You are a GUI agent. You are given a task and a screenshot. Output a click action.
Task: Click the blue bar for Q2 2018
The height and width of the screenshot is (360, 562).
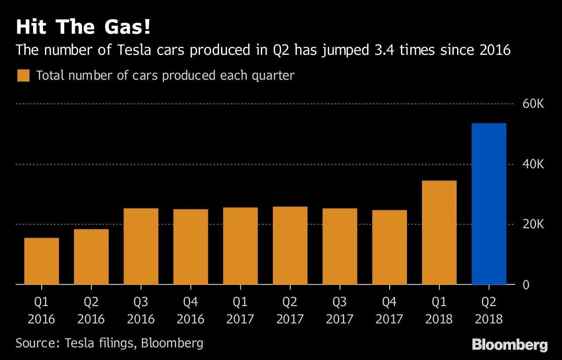click(489, 204)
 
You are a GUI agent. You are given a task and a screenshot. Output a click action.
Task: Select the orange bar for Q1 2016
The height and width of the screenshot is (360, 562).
click(42, 261)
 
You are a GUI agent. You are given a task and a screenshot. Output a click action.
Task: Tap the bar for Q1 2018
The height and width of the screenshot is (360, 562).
click(439, 232)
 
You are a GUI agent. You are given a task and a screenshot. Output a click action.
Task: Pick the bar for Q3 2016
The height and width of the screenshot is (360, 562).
click(141, 246)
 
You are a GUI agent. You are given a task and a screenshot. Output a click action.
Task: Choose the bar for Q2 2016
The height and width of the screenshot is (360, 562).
click(91, 256)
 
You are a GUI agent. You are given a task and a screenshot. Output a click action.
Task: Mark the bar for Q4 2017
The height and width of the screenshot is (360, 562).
click(390, 247)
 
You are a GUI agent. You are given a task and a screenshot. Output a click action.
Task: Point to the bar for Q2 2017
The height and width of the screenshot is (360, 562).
click(290, 245)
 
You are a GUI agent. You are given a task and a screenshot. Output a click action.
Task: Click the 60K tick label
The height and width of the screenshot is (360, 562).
click(533, 104)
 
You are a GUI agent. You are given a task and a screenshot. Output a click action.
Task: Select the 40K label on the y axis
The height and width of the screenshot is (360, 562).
click(533, 165)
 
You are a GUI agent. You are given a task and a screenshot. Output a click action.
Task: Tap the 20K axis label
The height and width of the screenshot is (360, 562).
click(533, 225)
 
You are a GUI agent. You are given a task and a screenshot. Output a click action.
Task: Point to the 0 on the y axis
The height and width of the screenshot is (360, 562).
click(526, 285)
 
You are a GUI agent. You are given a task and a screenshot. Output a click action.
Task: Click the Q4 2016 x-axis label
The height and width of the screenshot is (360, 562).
click(191, 310)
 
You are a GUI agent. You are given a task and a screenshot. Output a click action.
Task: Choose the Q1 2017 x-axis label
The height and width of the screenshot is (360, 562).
click(240, 310)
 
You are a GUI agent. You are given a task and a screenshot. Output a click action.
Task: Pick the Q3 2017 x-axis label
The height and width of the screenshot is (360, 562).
click(340, 310)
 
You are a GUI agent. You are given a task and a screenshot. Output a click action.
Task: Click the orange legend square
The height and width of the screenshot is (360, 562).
click(23, 75)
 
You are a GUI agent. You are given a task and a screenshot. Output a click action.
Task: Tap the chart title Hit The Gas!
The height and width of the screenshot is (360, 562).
click(83, 27)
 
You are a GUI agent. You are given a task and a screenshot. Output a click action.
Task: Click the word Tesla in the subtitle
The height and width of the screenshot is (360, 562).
click(134, 50)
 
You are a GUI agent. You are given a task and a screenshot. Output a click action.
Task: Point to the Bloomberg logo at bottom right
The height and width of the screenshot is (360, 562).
click(510, 345)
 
